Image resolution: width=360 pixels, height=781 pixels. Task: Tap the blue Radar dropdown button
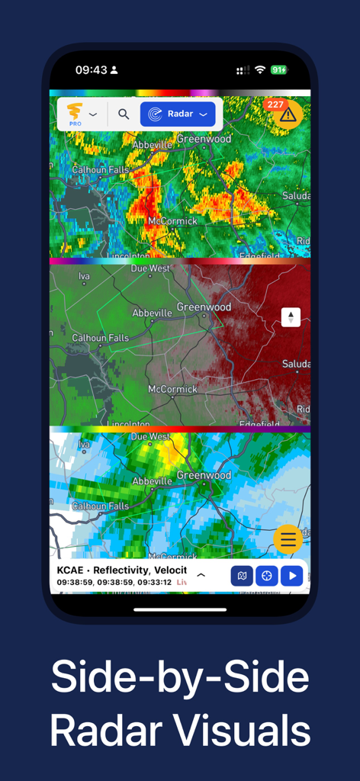177,114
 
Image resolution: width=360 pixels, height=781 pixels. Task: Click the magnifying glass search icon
124,114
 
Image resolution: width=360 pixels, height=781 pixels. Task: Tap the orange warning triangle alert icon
288,115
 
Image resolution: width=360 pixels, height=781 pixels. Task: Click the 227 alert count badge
275,104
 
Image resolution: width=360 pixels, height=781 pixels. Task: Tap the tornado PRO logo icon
75,113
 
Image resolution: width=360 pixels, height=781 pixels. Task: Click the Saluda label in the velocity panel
296,364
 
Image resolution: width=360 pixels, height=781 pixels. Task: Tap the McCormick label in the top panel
172,220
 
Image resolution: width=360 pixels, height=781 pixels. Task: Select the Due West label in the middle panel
150,268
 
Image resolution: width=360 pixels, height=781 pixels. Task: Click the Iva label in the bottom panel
84,444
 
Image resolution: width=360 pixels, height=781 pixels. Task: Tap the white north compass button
291,317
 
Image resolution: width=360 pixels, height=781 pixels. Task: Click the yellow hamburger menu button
288,539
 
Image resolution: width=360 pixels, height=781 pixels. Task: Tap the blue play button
291,576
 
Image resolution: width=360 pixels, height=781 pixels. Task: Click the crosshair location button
266,576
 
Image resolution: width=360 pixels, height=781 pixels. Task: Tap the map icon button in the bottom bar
242,576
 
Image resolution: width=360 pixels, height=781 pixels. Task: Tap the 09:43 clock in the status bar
91,69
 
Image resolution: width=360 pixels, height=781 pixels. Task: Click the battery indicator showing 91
279,69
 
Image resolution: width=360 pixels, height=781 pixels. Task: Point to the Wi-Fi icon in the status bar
260,69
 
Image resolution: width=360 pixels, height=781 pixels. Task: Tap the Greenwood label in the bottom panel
204,474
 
